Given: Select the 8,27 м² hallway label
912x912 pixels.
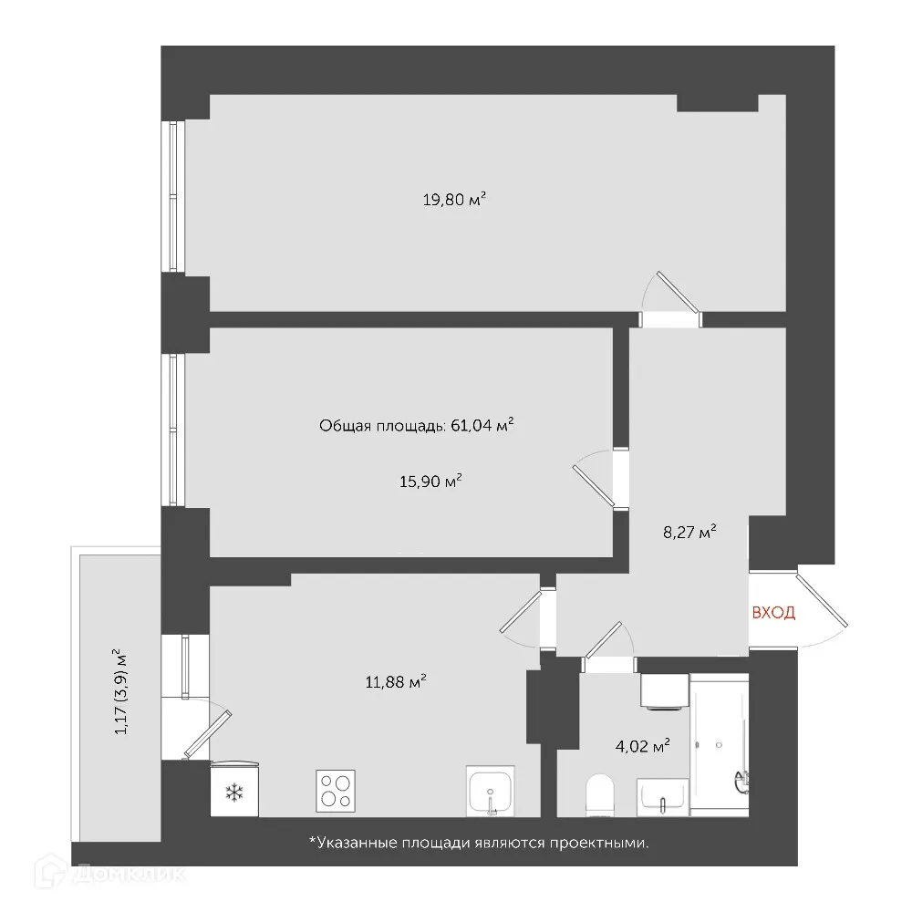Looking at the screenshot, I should pyautogui.click(x=689, y=532).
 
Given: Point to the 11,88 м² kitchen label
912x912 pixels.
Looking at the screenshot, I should pyautogui.click(x=395, y=680).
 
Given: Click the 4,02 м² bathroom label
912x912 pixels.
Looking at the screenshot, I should pyautogui.click(x=642, y=746).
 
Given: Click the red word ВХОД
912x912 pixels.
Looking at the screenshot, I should pyautogui.click(x=772, y=613).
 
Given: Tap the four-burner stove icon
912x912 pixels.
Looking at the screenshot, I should pyautogui.click(x=336, y=791).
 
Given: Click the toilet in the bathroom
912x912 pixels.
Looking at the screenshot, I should pyautogui.click(x=599, y=794).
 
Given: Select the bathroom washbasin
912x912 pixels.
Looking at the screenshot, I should pyautogui.click(x=663, y=795).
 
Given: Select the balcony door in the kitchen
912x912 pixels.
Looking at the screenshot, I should pyautogui.click(x=209, y=732).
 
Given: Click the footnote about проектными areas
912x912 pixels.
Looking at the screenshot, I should pyautogui.click(x=479, y=844).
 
